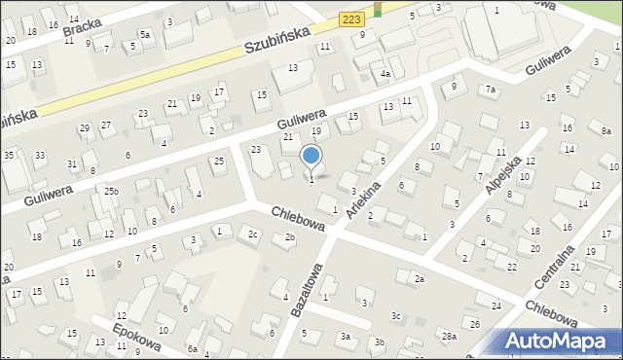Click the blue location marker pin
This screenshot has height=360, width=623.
pos(311,156)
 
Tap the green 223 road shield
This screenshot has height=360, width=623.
pos(352,19)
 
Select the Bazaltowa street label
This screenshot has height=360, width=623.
pos(306,289)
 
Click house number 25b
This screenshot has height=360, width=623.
pos(112,191)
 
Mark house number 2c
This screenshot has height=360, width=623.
pos(253,234)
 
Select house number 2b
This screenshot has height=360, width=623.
pos(289,237)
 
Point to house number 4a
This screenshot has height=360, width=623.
pos(385,74)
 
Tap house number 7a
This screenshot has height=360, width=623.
pos(492,90)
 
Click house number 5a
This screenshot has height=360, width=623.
pos(144,34)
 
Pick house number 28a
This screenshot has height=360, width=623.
pos(448,336)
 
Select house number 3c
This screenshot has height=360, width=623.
pos(395,316)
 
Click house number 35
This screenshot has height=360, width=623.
pos(8,155)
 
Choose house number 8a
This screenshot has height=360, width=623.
pos(605,130)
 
